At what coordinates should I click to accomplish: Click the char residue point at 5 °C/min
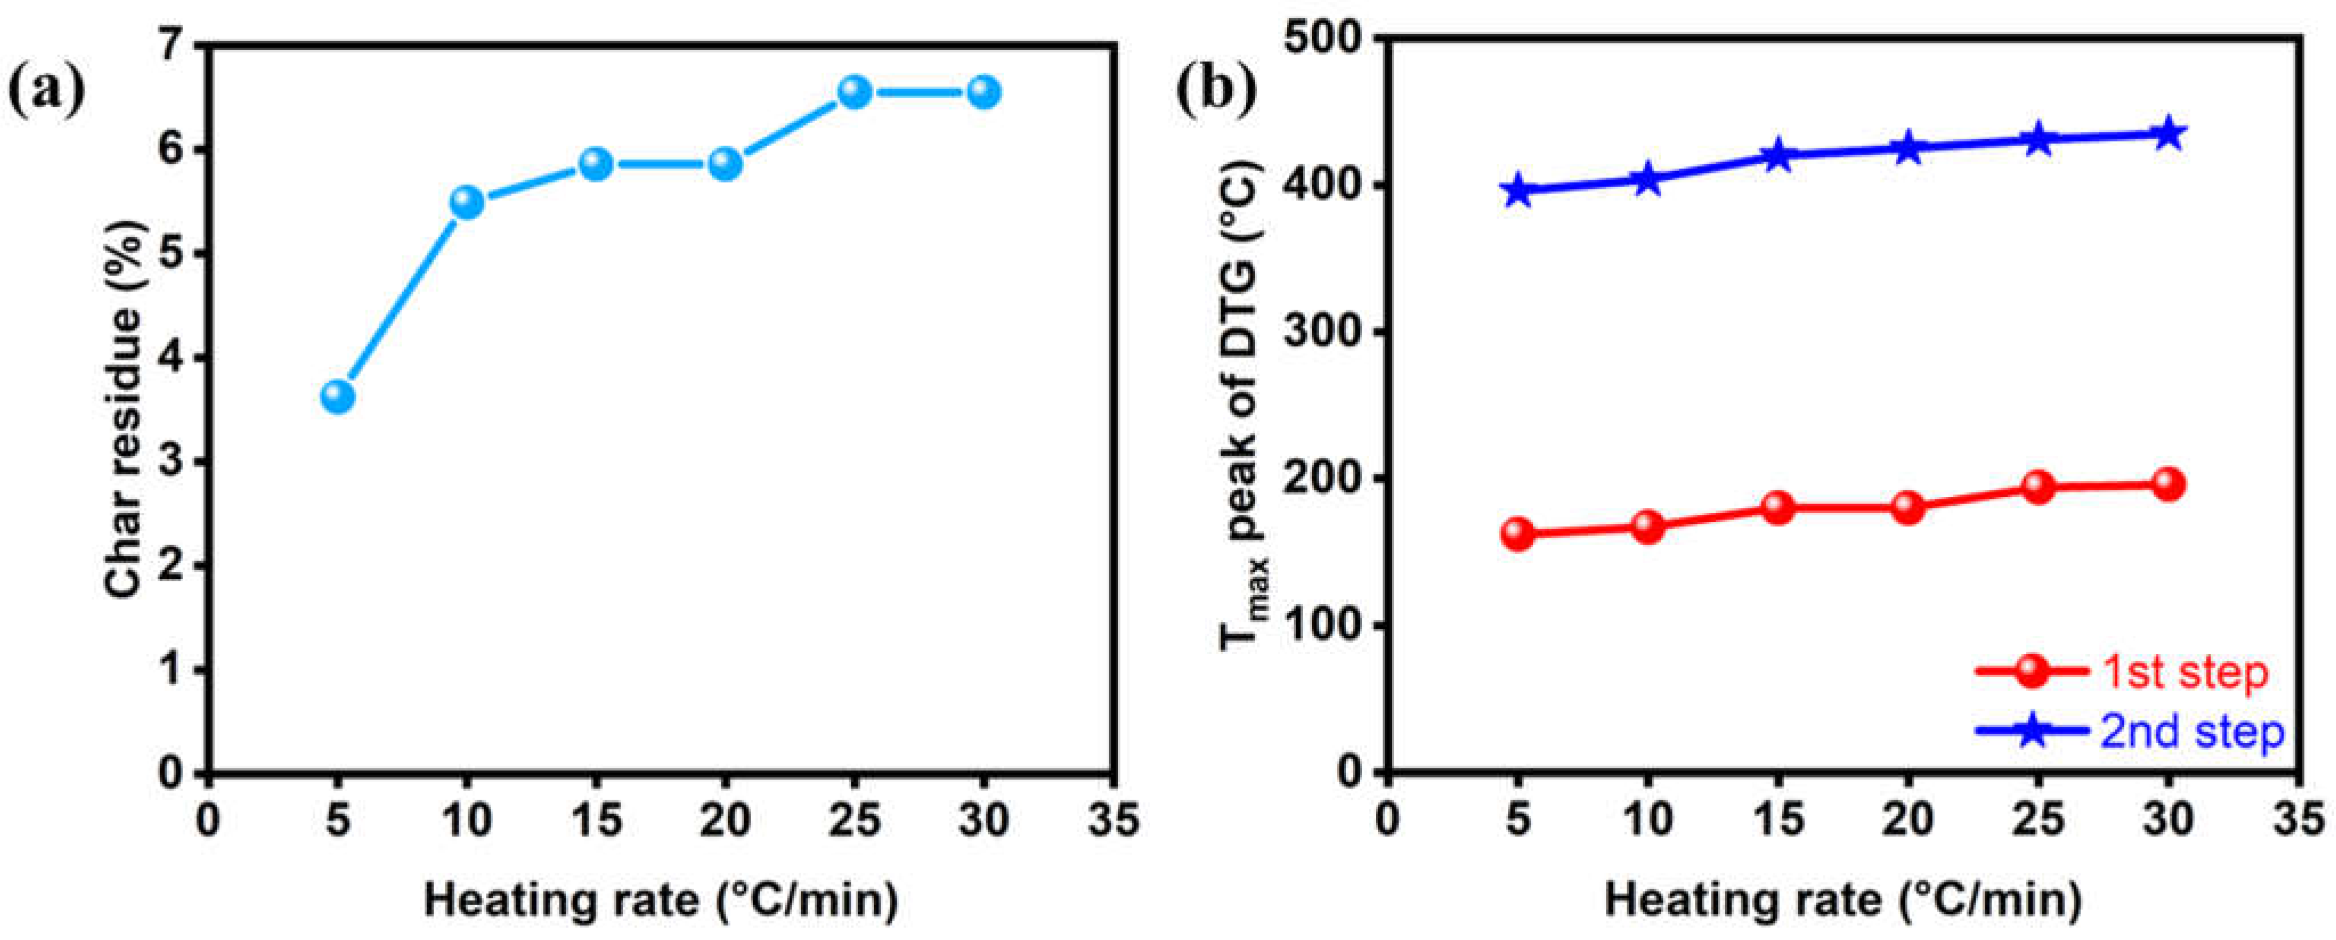point(338,396)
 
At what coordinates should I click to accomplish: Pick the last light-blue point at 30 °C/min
point(984,92)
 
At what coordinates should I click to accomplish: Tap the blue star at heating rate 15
point(1778,155)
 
